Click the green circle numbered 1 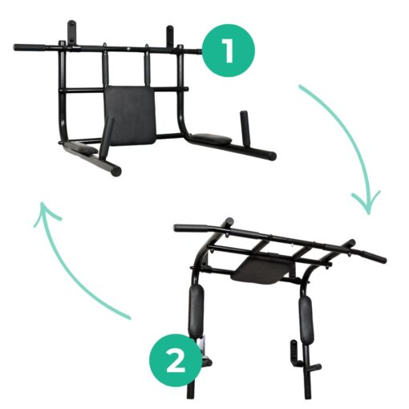pyautogui.click(x=227, y=50)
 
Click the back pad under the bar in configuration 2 pyautogui.click(x=257, y=269)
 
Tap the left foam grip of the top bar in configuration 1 pyautogui.click(x=36, y=47)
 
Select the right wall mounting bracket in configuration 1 pyautogui.click(x=171, y=35)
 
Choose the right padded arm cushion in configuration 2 pyautogui.click(x=306, y=317)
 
